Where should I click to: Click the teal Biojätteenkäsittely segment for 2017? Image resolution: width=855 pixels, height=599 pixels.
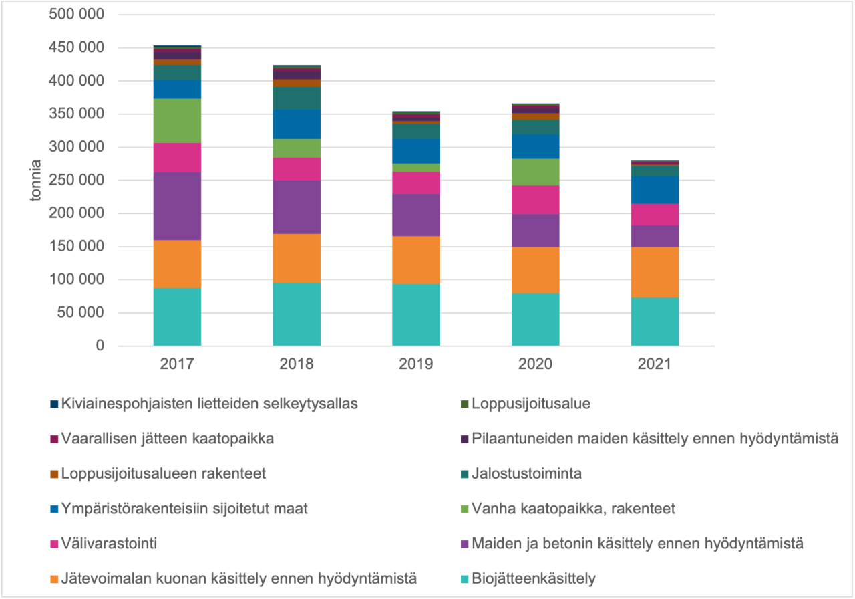pyautogui.click(x=177, y=317)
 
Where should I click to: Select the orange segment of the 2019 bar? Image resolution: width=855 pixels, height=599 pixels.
pyautogui.click(x=415, y=260)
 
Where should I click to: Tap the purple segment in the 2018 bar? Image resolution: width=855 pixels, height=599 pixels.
pyautogui.click(x=296, y=207)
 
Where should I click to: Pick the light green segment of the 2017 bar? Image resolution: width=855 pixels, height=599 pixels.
pyautogui.click(x=177, y=120)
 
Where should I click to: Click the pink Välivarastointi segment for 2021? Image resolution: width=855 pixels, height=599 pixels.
pyautogui.click(x=655, y=214)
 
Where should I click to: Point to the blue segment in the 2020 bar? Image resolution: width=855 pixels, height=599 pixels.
pyautogui.click(x=535, y=146)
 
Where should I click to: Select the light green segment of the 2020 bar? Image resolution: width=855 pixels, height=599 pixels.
pyautogui.click(x=535, y=172)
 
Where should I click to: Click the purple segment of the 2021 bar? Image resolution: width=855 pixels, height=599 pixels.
pyautogui.click(x=655, y=236)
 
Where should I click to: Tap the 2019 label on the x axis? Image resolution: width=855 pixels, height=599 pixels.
pyautogui.click(x=415, y=364)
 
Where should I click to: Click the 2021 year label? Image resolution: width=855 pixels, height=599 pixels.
pyautogui.click(x=655, y=364)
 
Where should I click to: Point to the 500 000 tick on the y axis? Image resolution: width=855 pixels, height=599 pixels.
pyautogui.click(x=77, y=15)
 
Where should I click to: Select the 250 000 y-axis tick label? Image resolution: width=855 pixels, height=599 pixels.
pyautogui.click(x=77, y=181)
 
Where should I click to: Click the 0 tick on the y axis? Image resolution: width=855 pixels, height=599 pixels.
pyautogui.click(x=100, y=346)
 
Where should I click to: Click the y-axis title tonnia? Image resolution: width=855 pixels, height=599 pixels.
pyautogui.click(x=35, y=181)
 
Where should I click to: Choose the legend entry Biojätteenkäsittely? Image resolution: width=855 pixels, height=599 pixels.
pyautogui.click(x=533, y=579)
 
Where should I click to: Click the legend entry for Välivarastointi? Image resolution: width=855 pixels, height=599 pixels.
pyautogui.click(x=109, y=544)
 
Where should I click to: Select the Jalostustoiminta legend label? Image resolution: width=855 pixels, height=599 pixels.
pyautogui.click(x=526, y=474)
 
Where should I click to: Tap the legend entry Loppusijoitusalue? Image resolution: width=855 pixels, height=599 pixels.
pyautogui.click(x=530, y=404)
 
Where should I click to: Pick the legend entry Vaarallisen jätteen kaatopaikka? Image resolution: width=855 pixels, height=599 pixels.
pyautogui.click(x=167, y=439)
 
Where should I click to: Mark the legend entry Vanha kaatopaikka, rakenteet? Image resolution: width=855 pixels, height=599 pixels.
pyautogui.click(x=573, y=509)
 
